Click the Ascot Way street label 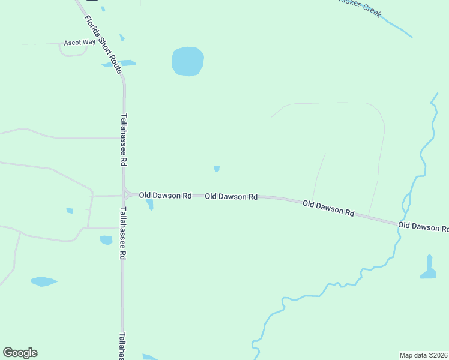click(x=80, y=43)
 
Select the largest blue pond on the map click(x=188, y=61)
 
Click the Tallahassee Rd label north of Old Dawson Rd click(x=124, y=140)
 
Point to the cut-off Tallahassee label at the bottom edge click(x=122, y=346)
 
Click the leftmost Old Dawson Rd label click(x=165, y=196)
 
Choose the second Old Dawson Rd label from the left click(x=231, y=196)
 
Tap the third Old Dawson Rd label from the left click(x=328, y=208)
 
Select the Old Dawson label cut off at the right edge click(x=423, y=227)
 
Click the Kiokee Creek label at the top click(x=360, y=7)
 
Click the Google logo click(x=20, y=353)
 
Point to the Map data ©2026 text click(x=423, y=355)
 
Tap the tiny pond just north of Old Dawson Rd click(x=217, y=169)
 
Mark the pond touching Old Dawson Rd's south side click(x=149, y=204)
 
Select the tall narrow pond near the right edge click(x=429, y=268)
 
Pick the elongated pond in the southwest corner click(x=43, y=281)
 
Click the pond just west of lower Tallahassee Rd click(x=106, y=240)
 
